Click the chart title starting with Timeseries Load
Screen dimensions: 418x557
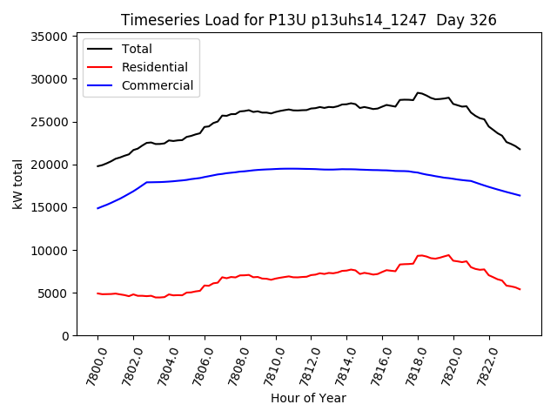[278, 20]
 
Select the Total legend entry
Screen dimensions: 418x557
[138, 49]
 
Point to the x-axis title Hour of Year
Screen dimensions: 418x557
[308, 398]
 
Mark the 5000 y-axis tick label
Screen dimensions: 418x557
[54, 293]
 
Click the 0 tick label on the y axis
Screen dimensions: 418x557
[66, 335]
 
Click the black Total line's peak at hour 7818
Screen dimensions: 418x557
[418, 92]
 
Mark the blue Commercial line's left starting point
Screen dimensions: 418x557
[97, 208]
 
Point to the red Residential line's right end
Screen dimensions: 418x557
[520, 289]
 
